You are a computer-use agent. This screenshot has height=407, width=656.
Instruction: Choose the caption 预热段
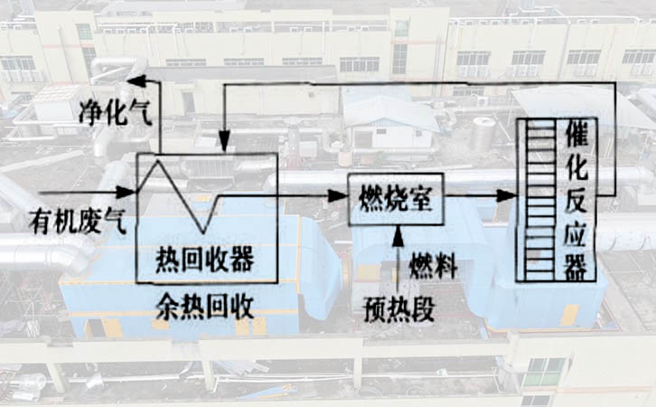point(393,308)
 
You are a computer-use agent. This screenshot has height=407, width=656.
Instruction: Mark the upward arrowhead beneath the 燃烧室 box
point(395,233)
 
